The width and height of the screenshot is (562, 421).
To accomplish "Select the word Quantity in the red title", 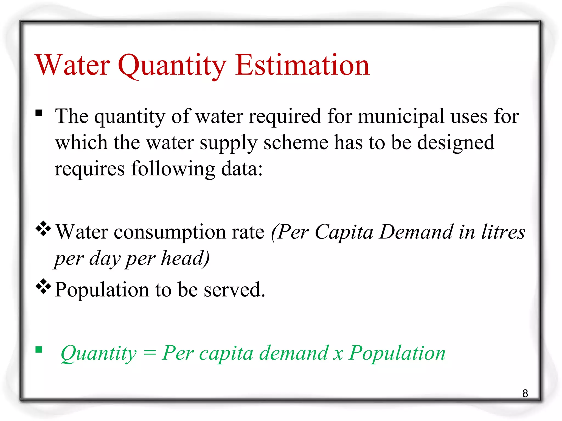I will click(172, 66).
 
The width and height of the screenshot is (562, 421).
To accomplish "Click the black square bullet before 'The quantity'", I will click(39, 113).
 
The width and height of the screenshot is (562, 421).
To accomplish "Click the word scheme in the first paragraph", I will click(296, 143).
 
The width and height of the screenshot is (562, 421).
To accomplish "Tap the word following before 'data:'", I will click(173, 169).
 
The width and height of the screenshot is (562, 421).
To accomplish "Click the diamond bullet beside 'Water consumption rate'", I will click(43, 228).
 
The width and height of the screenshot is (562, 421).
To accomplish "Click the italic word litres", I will click(503, 232).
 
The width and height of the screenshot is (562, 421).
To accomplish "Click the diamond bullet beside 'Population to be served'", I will click(43, 286).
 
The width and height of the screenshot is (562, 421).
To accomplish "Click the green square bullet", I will click(39, 349).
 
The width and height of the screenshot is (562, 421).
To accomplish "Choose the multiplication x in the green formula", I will click(338, 354).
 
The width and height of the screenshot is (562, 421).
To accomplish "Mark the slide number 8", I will click(525, 394).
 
